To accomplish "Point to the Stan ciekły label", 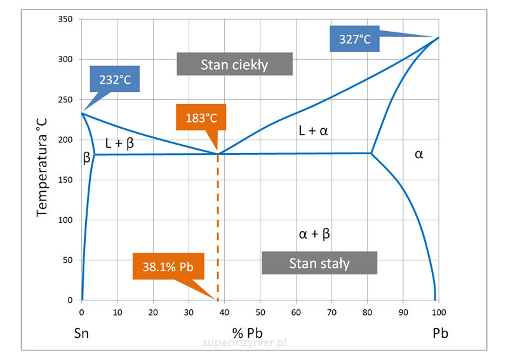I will click(234, 64).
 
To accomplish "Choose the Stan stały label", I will click(319, 263).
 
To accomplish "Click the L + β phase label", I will click(119, 143).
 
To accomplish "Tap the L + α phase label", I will click(314, 131).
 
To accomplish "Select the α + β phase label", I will click(314, 234).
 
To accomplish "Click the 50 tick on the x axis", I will click(260, 312).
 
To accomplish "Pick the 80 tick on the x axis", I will click(367, 312).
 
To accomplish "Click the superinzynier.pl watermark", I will click(244, 342).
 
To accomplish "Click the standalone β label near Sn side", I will click(86, 159).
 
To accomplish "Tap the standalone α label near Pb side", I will click(418, 154).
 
